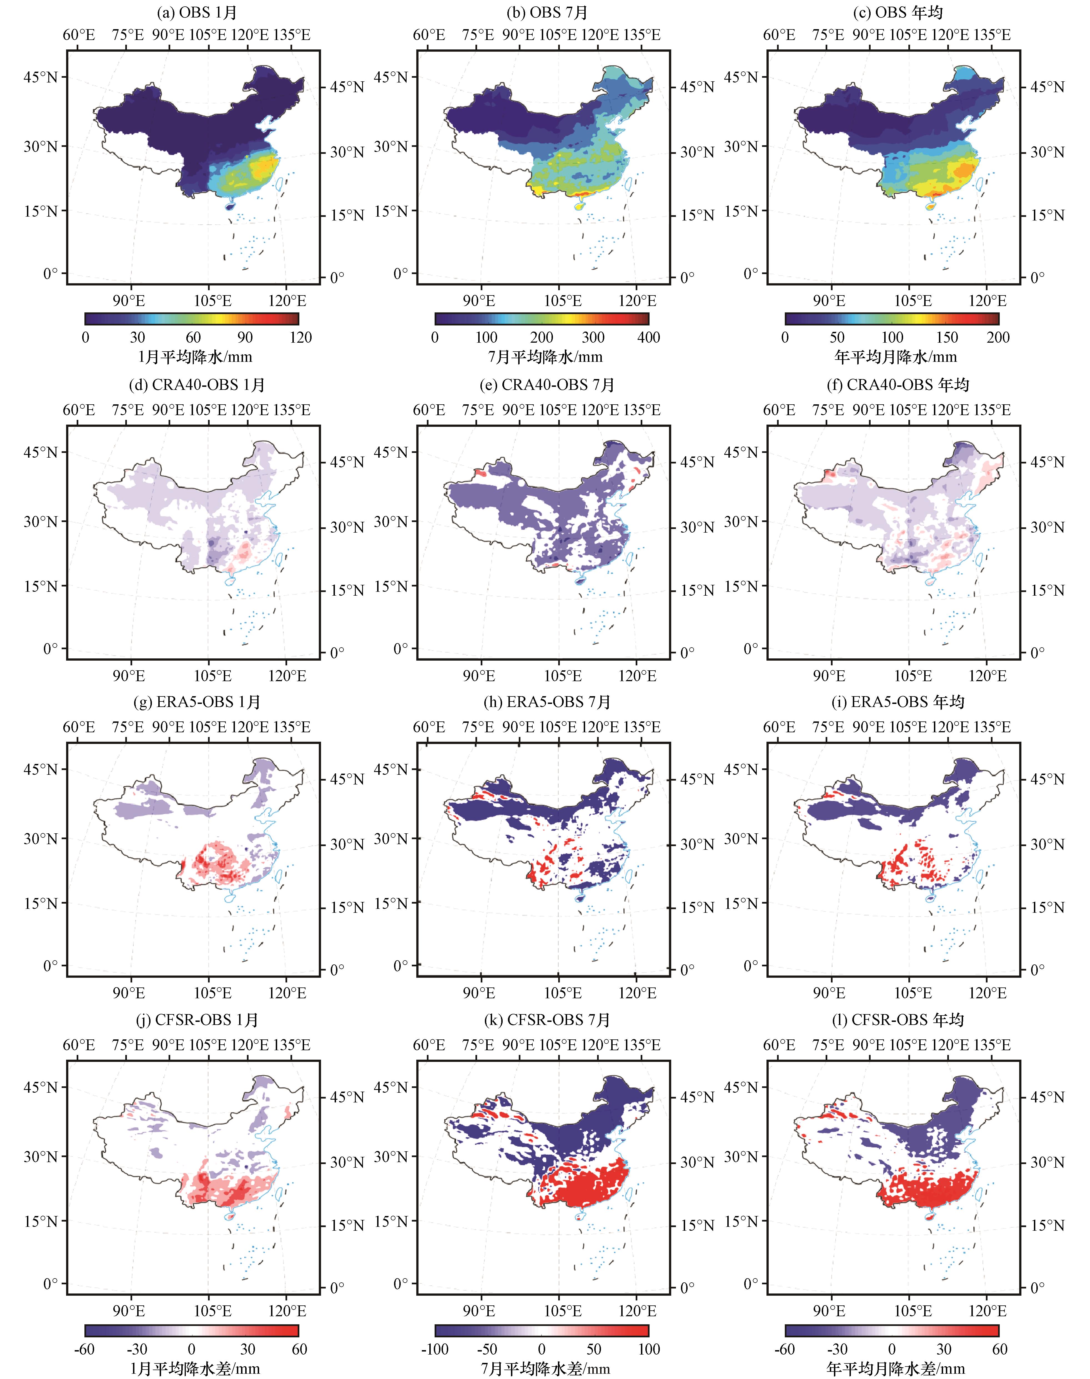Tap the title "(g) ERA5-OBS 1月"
(197, 702)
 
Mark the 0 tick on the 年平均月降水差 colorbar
(892, 1349)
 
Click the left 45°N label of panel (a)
(40, 77)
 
